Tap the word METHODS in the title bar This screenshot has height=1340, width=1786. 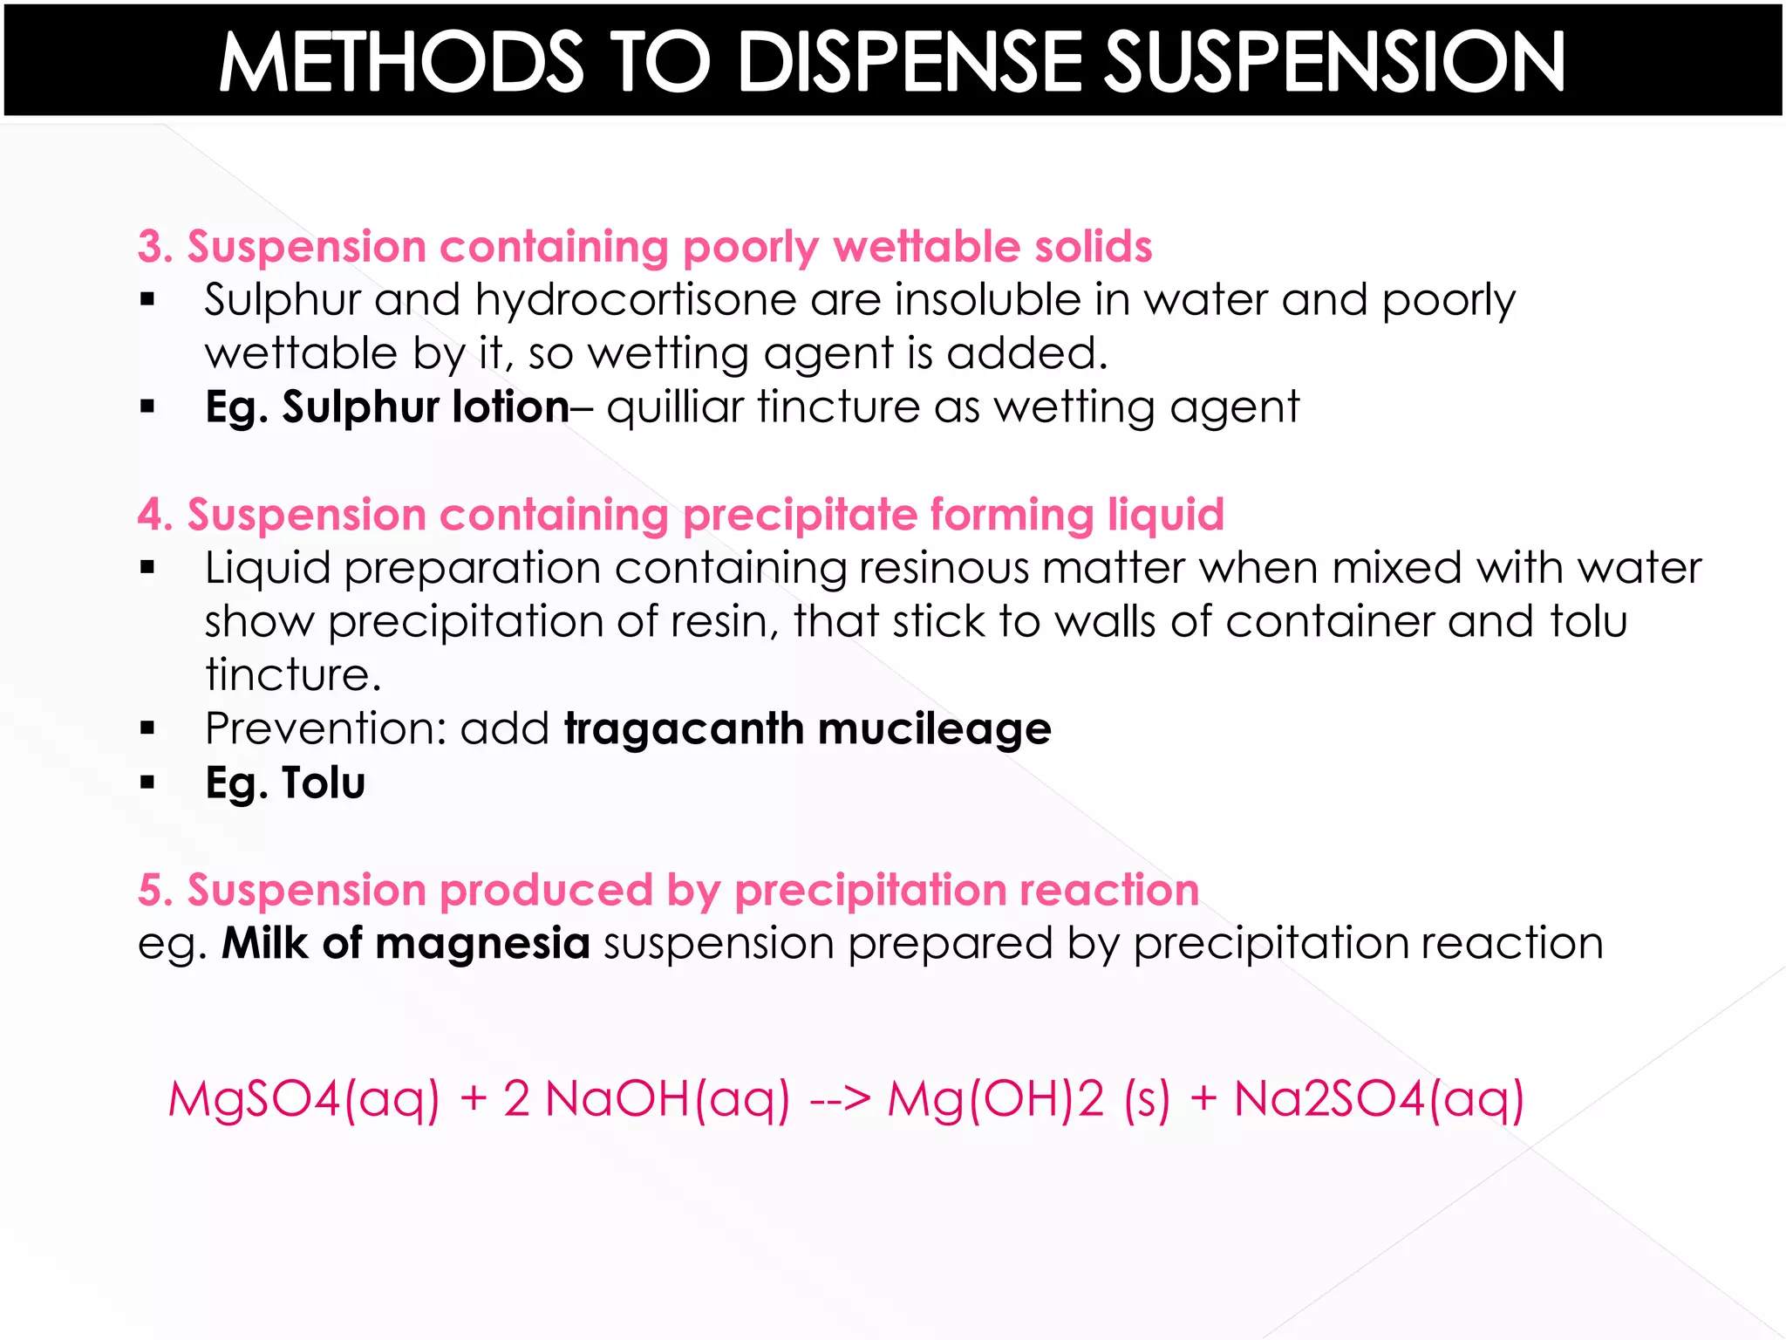point(400,63)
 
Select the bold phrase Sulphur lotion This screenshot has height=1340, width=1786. point(425,407)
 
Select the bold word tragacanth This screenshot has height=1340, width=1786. point(684,728)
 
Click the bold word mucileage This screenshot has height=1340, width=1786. point(934,730)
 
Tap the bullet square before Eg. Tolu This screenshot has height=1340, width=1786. point(147,783)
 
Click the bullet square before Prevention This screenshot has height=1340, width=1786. point(147,728)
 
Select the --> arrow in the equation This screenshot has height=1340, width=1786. point(840,1099)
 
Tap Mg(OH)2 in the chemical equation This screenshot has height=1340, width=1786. point(995,1099)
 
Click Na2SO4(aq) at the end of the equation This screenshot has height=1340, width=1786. point(1379,1099)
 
